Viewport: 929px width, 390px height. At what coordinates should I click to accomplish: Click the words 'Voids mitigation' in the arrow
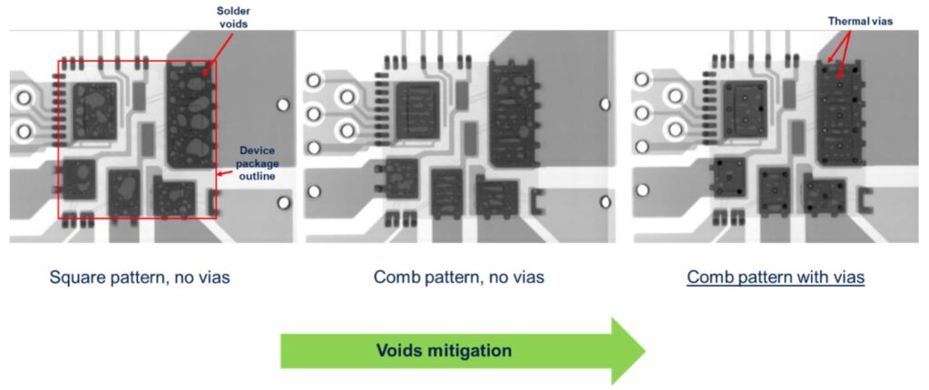[445, 350]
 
